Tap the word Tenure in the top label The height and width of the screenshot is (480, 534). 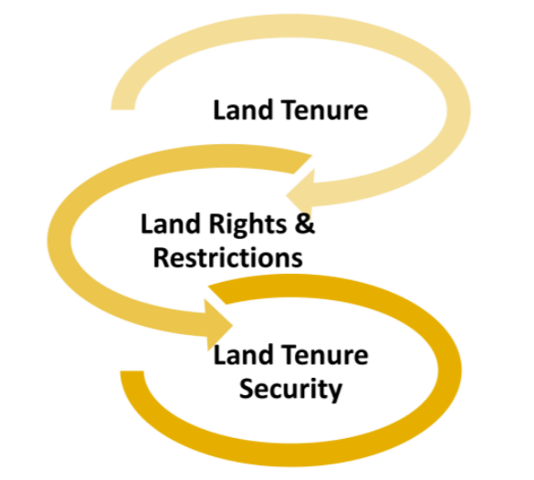pos(325,110)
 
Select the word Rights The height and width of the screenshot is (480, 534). pos(248,225)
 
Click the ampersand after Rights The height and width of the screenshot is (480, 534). pos(305,224)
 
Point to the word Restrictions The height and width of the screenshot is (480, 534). pos(228,257)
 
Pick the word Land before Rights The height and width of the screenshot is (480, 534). pos(171,224)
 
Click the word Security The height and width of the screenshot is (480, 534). pos(290,390)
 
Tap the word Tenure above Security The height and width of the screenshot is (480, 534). pos(325,355)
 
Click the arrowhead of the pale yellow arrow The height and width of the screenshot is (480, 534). pos(300,194)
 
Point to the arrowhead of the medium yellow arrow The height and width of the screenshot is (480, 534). pos(218,325)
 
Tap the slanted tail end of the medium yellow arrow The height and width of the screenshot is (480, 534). pos(302,163)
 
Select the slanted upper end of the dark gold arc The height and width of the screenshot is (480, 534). pos(217,294)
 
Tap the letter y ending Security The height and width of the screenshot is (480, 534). pos(335,392)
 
